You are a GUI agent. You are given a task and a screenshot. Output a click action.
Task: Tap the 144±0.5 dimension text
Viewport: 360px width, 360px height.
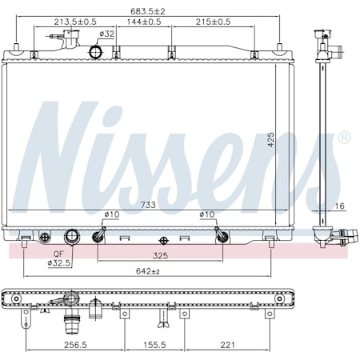142,22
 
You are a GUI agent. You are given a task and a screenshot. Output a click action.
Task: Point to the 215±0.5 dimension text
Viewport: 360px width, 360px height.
213,22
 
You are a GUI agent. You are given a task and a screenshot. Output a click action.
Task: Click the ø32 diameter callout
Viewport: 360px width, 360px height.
106,34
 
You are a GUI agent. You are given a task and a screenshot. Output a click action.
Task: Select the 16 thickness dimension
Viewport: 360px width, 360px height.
340,206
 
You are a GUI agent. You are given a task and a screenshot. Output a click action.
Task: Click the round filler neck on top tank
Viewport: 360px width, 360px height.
98,53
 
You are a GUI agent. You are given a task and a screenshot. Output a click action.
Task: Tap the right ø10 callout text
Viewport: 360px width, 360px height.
206,214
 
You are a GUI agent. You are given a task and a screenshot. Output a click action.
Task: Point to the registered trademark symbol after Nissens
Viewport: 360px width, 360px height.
344,138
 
